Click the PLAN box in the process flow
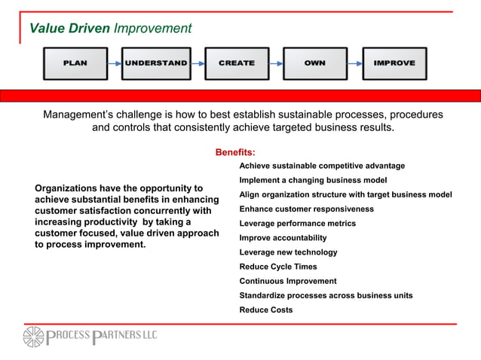pyautogui.click(x=75, y=63)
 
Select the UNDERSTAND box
pyautogui.click(x=155, y=63)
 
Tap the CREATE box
pyautogui.click(x=236, y=63)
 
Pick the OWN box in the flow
pyautogui.click(x=314, y=63)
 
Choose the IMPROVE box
pyautogui.click(x=394, y=63)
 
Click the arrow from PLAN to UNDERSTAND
pyautogui.click(x=115, y=64)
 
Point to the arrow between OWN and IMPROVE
pyautogui.click(x=354, y=64)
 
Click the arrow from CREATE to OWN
pyautogui.click(x=275, y=64)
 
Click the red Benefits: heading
pyautogui.click(x=235, y=153)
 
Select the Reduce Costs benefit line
pyautogui.click(x=266, y=310)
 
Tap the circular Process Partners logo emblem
pyautogui.click(x=35, y=337)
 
